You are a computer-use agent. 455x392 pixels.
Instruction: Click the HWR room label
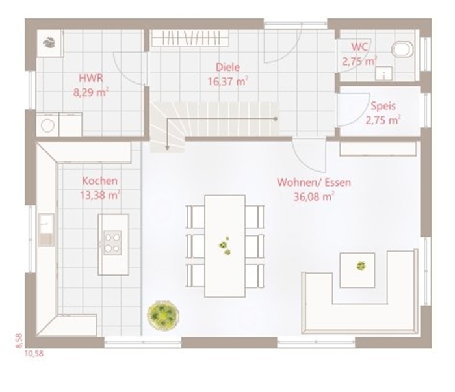[91, 78]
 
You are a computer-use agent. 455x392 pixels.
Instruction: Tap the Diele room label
[227, 68]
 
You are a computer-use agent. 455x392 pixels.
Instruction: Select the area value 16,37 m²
[227, 81]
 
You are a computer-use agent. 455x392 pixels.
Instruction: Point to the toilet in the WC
[402, 49]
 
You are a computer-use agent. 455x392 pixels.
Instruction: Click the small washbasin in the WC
[384, 73]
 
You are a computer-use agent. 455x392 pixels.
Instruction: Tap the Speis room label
[383, 106]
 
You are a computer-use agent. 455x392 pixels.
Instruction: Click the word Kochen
[100, 181]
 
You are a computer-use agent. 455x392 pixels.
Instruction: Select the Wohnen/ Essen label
[314, 183]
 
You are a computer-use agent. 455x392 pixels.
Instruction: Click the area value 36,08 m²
[314, 197]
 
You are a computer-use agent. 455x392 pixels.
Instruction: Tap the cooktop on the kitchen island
[112, 242]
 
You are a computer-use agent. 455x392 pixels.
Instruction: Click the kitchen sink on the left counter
[46, 229]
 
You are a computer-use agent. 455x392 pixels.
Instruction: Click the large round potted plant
[162, 315]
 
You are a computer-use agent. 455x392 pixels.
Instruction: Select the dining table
[225, 246]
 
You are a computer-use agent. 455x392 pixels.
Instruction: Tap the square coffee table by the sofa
[357, 270]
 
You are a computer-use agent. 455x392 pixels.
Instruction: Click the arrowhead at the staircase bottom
[167, 148]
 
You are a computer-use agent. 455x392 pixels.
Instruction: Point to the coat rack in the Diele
[190, 38]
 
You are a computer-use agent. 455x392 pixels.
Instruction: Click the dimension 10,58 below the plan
[34, 354]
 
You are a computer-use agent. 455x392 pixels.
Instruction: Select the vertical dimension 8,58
[19, 341]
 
